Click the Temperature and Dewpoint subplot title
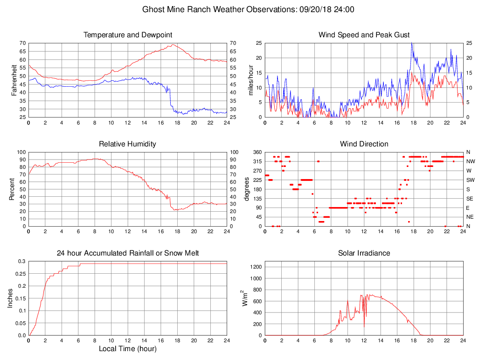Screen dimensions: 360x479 coord(128,35)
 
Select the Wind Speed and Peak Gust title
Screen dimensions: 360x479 coord(364,35)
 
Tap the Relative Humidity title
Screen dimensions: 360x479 coord(128,144)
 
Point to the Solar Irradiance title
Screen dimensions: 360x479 coord(364,253)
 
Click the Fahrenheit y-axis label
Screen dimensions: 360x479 coord(14,80)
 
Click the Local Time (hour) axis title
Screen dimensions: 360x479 coord(128,349)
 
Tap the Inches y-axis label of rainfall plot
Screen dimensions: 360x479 coord(10,298)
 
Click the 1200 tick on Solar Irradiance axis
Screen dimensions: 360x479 coord(256,267)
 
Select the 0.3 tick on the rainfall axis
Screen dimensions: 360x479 coord(21,261)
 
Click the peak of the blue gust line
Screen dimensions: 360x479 coord(412,43)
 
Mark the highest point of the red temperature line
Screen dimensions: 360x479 coord(173,45)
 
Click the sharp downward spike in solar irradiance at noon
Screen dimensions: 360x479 coord(364,326)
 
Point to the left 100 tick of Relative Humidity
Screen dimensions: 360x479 coord(21,152)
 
